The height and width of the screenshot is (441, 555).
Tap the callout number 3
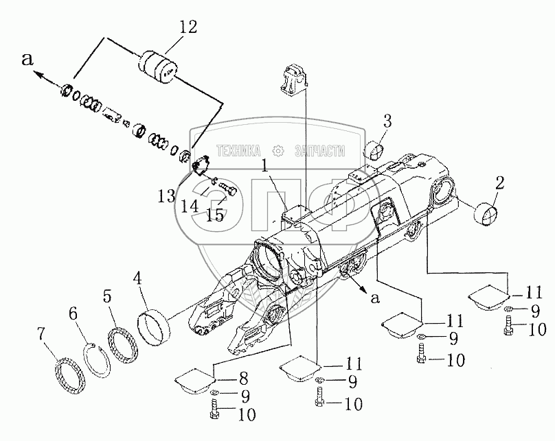click(x=387, y=121)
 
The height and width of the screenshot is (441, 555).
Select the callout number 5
click(x=108, y=297)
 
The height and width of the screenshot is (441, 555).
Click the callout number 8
click(x=243, y=379)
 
